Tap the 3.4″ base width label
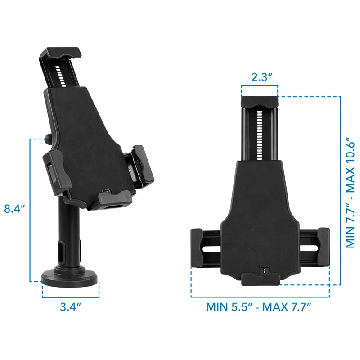tap(70, 307)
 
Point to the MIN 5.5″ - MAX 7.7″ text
tap(259, 307)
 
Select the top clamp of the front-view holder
tap(259, 102)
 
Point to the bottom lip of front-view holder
tap(260, 279)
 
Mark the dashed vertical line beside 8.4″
tap(30, 209)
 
